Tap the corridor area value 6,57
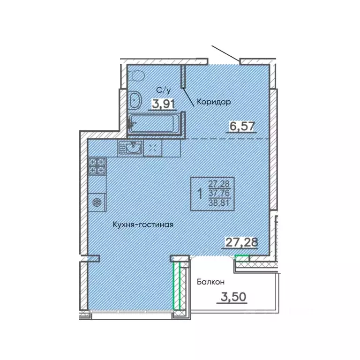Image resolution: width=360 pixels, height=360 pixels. (241, 126)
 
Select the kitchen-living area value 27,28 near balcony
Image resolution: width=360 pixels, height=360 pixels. (241, 242)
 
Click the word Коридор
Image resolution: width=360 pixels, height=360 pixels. (214, 102)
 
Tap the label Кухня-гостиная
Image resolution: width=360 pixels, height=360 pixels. (143, 225)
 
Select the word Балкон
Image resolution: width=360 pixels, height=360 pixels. (210, 282)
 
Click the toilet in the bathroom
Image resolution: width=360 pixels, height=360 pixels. (137, 76)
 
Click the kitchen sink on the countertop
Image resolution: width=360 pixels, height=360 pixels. (132, 148)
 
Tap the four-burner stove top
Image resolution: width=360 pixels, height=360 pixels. (97, 166)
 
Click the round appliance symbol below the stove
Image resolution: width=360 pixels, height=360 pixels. (97, 202)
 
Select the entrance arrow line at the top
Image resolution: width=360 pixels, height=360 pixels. (225, 53)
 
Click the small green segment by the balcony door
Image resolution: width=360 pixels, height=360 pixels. (242, 256)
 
